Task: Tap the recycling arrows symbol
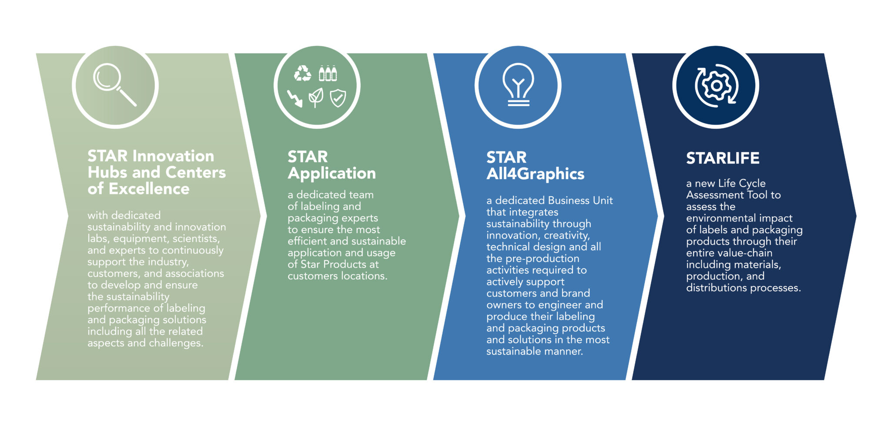point(303,74)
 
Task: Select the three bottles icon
point(328,74)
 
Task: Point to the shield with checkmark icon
point(338,98)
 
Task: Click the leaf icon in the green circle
point(316,97)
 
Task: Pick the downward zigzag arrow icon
point(295,98)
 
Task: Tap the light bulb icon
point(518,85)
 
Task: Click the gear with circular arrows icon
point(716,86)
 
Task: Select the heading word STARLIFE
point(723,158)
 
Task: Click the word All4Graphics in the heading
point(535,174)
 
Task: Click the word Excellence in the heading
point(149,189)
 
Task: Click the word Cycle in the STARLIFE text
point(751,184)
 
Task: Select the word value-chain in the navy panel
point(746,253)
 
